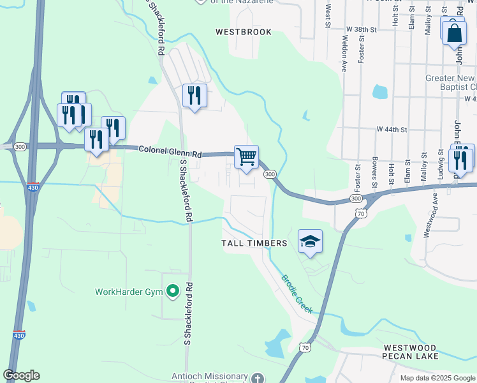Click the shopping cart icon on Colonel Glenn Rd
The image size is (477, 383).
[246, 156]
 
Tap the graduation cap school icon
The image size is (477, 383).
[310, 241]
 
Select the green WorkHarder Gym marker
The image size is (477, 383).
[172, 292]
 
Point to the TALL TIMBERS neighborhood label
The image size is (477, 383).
[254, 243]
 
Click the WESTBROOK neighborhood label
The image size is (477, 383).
[243, 32]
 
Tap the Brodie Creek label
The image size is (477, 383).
[297, 294]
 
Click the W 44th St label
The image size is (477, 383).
[392, 129]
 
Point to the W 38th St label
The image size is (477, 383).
[362, 29]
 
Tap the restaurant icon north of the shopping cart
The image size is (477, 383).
[194, 96]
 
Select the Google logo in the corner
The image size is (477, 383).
[21, 375]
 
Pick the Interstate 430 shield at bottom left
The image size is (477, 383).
[18, 334]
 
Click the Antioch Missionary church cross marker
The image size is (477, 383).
[256, 378]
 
